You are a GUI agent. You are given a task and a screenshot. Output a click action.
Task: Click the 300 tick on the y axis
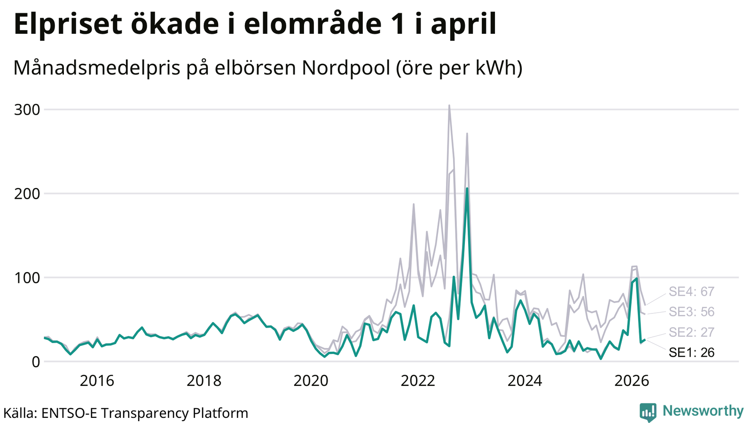coord(27,110)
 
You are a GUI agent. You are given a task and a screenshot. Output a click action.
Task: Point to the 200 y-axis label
coord(27,194)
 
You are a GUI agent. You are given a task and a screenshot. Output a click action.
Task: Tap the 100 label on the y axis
coord(27,278)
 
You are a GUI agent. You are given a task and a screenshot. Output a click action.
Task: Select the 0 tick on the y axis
coord(36,362)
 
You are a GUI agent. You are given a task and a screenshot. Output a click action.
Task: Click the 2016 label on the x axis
coord(97,381)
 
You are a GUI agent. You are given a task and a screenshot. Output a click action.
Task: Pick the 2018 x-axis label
coord(204,381)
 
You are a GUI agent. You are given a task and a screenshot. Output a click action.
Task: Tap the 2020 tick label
coord(311,381)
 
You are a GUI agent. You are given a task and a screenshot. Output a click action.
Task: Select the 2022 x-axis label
coord(418,381)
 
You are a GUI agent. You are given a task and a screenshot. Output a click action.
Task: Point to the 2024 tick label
coord(525,381)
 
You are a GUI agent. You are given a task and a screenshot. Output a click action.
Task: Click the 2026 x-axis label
coord(632,381)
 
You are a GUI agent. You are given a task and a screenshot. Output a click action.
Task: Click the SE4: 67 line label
coord(691,292)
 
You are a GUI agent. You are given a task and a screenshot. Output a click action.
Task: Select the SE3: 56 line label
coord(691,312)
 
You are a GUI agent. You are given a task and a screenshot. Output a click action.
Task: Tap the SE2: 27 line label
coord(691,332)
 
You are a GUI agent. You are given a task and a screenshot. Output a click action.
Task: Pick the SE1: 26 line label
coord(691,352)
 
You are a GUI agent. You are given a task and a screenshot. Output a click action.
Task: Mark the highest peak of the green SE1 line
coord(467,188)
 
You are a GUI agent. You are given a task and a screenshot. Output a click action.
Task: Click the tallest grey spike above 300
coord(449,105)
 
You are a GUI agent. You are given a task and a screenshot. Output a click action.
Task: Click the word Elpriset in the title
coord(68,24)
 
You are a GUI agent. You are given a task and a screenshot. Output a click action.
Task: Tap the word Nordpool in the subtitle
coord(346,68)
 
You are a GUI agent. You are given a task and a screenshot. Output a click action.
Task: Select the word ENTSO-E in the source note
coord(69,413)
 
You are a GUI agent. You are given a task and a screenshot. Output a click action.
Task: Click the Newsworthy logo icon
coord(648,412)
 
